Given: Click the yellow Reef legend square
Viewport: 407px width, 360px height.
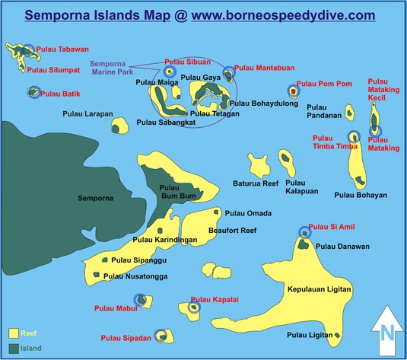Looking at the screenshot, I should pos(14,333).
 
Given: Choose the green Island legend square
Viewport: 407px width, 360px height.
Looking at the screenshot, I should pos(14,349).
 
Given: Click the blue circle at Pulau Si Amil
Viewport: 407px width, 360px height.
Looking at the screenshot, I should pos(304,233).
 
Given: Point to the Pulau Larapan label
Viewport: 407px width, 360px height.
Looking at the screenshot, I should pos(88,113).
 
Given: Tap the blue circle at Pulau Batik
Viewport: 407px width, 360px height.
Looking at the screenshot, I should pos(33,92).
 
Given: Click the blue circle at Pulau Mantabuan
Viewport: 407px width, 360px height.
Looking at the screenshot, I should pos(227,75).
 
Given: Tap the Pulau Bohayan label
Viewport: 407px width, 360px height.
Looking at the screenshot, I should pos(361,195).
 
